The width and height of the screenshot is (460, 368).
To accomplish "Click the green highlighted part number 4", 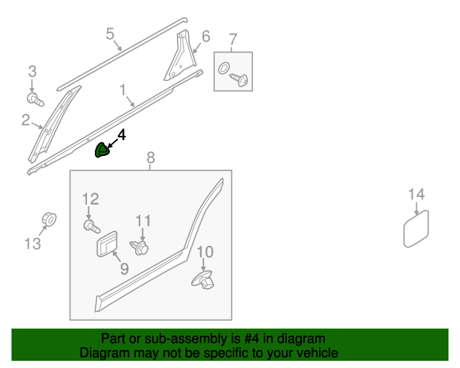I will [x=103, y=149].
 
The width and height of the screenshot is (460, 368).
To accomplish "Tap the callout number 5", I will [x=110, y=33].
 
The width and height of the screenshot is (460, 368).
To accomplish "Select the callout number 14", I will [x=416, y=194].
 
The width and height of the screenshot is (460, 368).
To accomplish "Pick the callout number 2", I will [x=26, y=120].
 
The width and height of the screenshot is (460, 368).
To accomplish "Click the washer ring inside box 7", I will [x=224, y=70].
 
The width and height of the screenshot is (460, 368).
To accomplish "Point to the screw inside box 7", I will [x=240, y=80].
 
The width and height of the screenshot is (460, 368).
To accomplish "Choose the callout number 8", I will [x=150, y=157].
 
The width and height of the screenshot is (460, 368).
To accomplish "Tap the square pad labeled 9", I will [x=107, y=244].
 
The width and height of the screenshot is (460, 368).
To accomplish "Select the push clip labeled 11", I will [x=142, y=248].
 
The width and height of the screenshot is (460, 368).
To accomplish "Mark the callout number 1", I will [x=123, y=90].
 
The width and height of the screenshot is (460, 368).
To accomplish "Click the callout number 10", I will [x=206, y=252].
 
